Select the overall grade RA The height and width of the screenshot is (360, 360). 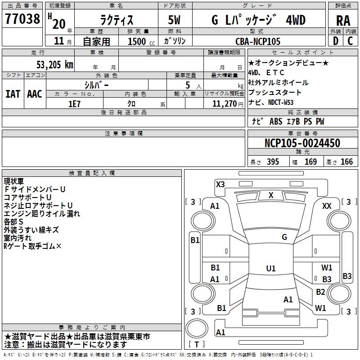[343, 21]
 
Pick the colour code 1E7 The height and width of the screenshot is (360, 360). [74, 103]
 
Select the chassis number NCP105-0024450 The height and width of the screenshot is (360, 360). [302, 144]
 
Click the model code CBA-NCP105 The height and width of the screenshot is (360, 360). [258, 41]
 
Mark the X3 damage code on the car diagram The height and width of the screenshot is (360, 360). [220, 184]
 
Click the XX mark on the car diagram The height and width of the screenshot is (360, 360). [327, 206]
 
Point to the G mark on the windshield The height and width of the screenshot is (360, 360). [284, 237]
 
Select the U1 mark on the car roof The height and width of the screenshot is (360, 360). [271, 269]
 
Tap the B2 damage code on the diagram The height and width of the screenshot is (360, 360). [320, 292]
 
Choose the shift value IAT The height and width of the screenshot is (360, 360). [13, 94]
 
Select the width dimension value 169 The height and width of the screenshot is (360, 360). [310, 162]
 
